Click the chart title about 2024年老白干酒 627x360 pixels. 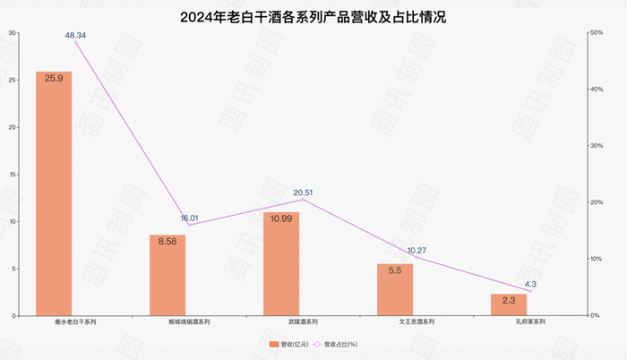[x=313, y=17]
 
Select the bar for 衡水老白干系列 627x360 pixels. [x=54, y=193]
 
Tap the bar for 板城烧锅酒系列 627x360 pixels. [x=167, y=275]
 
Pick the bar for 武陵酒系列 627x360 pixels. [x=281, y=264]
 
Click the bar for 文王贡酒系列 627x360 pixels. [x=395, y=289]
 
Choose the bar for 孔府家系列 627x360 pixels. [x=509, y=304]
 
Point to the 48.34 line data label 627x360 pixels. [x=75, y=35]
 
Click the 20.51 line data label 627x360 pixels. [x=304, y=192]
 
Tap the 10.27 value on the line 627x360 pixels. [x=417, y=251]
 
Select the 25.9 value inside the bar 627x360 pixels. [x=54, y=79]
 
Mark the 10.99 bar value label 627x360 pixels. [x=281, y=219]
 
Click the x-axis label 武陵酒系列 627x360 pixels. [x=281, y=321]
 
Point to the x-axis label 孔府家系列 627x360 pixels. [x=509, y=321]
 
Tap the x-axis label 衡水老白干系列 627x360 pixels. [x=54, y=321]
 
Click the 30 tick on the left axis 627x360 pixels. [x=13, y=33]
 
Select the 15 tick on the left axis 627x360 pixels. [x=13, y=175]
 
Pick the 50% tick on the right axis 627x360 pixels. [x=596, y=33]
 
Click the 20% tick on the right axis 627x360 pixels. [x=596, y=202]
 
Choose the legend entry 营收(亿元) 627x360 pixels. [x=288, y=344]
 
